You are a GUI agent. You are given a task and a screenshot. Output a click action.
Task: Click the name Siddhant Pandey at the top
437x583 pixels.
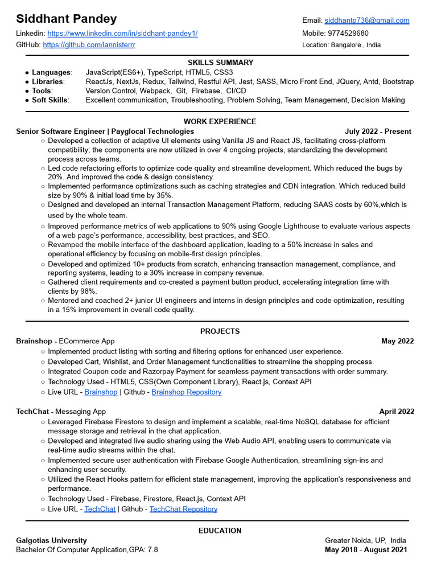(66, 19)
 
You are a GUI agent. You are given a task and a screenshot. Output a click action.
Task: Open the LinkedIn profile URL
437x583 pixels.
(122, 34)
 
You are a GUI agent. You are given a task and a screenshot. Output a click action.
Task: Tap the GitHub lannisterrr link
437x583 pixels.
(89, 44)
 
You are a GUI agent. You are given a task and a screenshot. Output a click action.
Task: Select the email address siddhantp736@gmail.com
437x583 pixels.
(367, 20)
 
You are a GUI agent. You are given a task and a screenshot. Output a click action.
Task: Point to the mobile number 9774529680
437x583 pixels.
(348, 34)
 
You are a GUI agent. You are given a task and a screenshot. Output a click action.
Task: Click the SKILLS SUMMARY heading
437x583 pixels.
(220, 63)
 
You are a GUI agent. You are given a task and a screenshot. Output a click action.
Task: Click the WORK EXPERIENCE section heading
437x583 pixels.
(220, 121)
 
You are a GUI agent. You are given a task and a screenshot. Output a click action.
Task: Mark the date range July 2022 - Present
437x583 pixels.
(378, 132)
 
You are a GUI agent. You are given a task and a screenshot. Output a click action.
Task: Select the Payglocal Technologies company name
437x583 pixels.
(152, 132)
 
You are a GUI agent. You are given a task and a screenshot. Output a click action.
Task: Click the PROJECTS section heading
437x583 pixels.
(220, 331)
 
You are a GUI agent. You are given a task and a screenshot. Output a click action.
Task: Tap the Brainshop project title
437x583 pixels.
(34, 342)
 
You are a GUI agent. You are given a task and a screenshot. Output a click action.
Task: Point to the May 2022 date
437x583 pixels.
(397, 342)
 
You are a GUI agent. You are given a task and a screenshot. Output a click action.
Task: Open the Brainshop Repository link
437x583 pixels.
(187, 392)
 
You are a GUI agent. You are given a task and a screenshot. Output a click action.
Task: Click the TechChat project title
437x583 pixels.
(32, 412)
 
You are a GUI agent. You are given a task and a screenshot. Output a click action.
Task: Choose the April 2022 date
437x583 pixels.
(397, 412)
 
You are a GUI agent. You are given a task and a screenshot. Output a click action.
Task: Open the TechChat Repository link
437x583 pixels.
(183, 509)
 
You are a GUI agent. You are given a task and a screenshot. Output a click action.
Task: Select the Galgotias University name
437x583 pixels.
(52, 540)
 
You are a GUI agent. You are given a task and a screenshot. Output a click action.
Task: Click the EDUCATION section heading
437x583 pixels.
(220, 531)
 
